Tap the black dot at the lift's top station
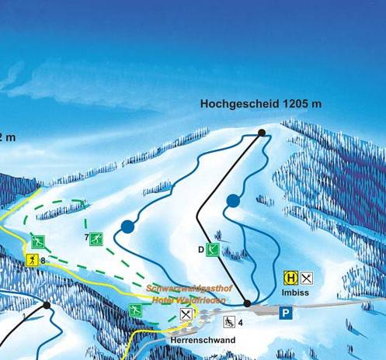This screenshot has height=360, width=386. point(262,133)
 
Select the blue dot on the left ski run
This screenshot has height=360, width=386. point(127,227)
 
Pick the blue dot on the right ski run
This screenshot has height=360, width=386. point(232,201)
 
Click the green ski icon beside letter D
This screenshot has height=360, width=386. point(212,249)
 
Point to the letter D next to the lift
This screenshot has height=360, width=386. point(200,250)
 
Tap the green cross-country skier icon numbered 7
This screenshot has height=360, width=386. point(96,238)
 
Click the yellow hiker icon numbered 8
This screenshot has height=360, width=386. point(33,260)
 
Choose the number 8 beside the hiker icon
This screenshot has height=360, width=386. point(43,261)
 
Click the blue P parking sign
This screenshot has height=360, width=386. point(286,312)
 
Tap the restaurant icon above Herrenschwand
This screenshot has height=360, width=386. point(186,314)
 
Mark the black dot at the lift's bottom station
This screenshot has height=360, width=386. point(248,303)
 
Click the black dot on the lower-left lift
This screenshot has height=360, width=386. point(47,306)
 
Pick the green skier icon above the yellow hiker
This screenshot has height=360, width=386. point(37,241)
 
